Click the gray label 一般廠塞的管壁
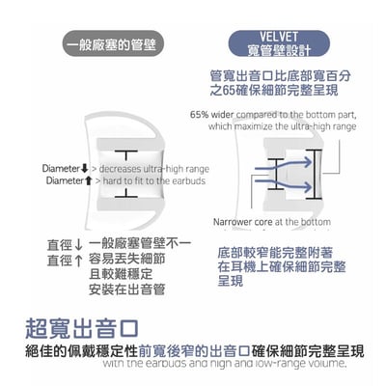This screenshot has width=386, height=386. (x=114, y=44)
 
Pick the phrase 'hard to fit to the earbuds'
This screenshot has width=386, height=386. (x=152, y=180)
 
